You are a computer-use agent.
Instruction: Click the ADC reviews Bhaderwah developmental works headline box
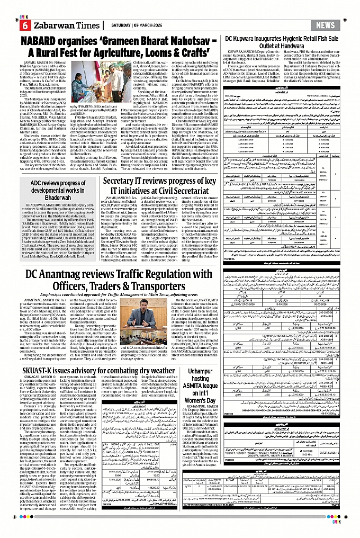pyautogui.click(x=58, y=187)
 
